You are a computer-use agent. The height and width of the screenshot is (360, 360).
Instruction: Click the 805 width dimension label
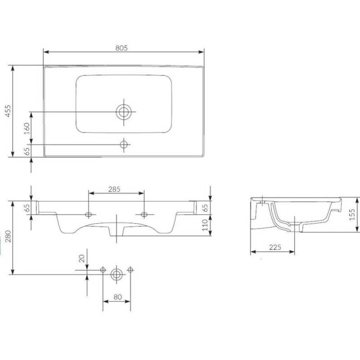(x=121, y=48)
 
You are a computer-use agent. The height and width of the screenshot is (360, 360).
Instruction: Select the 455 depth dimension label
(x=8, y=111)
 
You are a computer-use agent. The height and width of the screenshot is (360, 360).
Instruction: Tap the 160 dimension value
(x=27, y=129)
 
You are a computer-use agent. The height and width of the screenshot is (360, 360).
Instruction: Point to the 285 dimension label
(x=114, y=189)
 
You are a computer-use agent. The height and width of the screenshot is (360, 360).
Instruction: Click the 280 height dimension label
(x=8, y=236)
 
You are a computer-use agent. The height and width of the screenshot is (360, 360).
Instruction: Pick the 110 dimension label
(x=205, y=225)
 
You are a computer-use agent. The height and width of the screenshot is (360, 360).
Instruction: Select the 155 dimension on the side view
(x=352, y=215)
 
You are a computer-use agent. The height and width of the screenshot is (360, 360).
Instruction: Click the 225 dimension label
(x=275, y=247)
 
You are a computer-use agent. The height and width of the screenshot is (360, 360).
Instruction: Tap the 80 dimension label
(x=117, y=297)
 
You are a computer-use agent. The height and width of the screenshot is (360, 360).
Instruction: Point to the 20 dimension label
(x=82, y=258)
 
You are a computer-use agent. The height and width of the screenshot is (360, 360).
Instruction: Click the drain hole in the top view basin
(x=124, y=112)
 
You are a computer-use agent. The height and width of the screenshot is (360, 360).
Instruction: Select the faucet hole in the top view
(x=124, y=144)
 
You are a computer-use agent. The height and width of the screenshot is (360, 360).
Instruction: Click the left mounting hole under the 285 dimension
(x=88, y=215)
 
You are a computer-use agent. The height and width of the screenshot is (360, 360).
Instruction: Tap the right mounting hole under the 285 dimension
(x=144, y=215)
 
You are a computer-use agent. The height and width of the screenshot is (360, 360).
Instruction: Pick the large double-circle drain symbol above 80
(x=117, y=274)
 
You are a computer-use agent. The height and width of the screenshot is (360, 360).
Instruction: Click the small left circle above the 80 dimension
(x=103, y=270)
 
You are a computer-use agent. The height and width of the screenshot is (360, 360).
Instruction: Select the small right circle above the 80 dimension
(x=130, y=270)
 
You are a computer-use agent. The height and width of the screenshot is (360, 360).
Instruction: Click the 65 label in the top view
(x=27, y=151)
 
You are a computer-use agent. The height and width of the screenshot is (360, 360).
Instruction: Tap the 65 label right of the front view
(x=206, y=208)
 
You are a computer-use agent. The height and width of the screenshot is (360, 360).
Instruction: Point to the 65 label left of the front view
(x=27, y=208)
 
